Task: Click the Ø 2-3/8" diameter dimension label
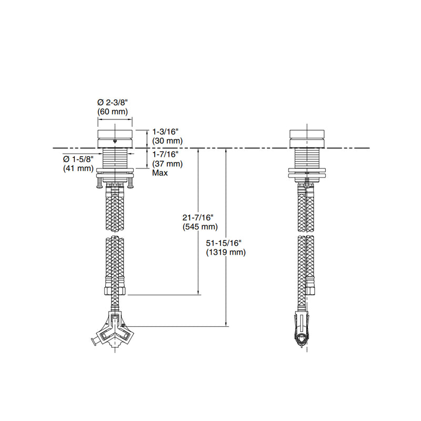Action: click(113, 102)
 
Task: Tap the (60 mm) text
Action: click(113, 112)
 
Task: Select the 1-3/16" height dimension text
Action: click(165, 132)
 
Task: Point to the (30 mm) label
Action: click(167, 141)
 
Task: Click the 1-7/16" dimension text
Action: click(165, 154)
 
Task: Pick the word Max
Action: click(160, 173)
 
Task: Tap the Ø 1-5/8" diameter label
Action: click(78, 159)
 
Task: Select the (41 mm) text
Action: click(78, 168)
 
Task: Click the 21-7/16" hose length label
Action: click(198, 217)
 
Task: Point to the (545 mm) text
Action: click(200, 227)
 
